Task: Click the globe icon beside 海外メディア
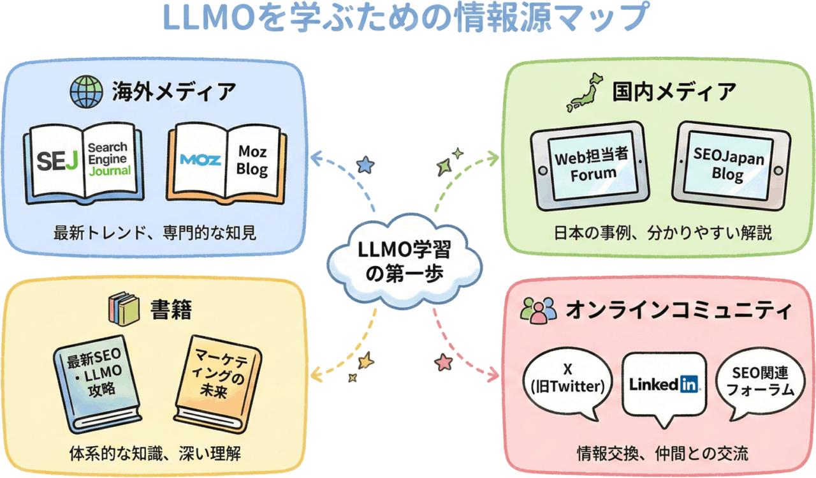click(x=85, y=92)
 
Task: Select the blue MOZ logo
click(x=200, y=160)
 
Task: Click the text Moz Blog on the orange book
click(x=252, y=161)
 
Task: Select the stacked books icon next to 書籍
click(x=122, y=308)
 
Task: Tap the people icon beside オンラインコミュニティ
click(x=537, y=311)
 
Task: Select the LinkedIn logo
click(x=665, y=384)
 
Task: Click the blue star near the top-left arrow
click(x=365, y=166)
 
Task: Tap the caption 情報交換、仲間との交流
click(x=662, y=454)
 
